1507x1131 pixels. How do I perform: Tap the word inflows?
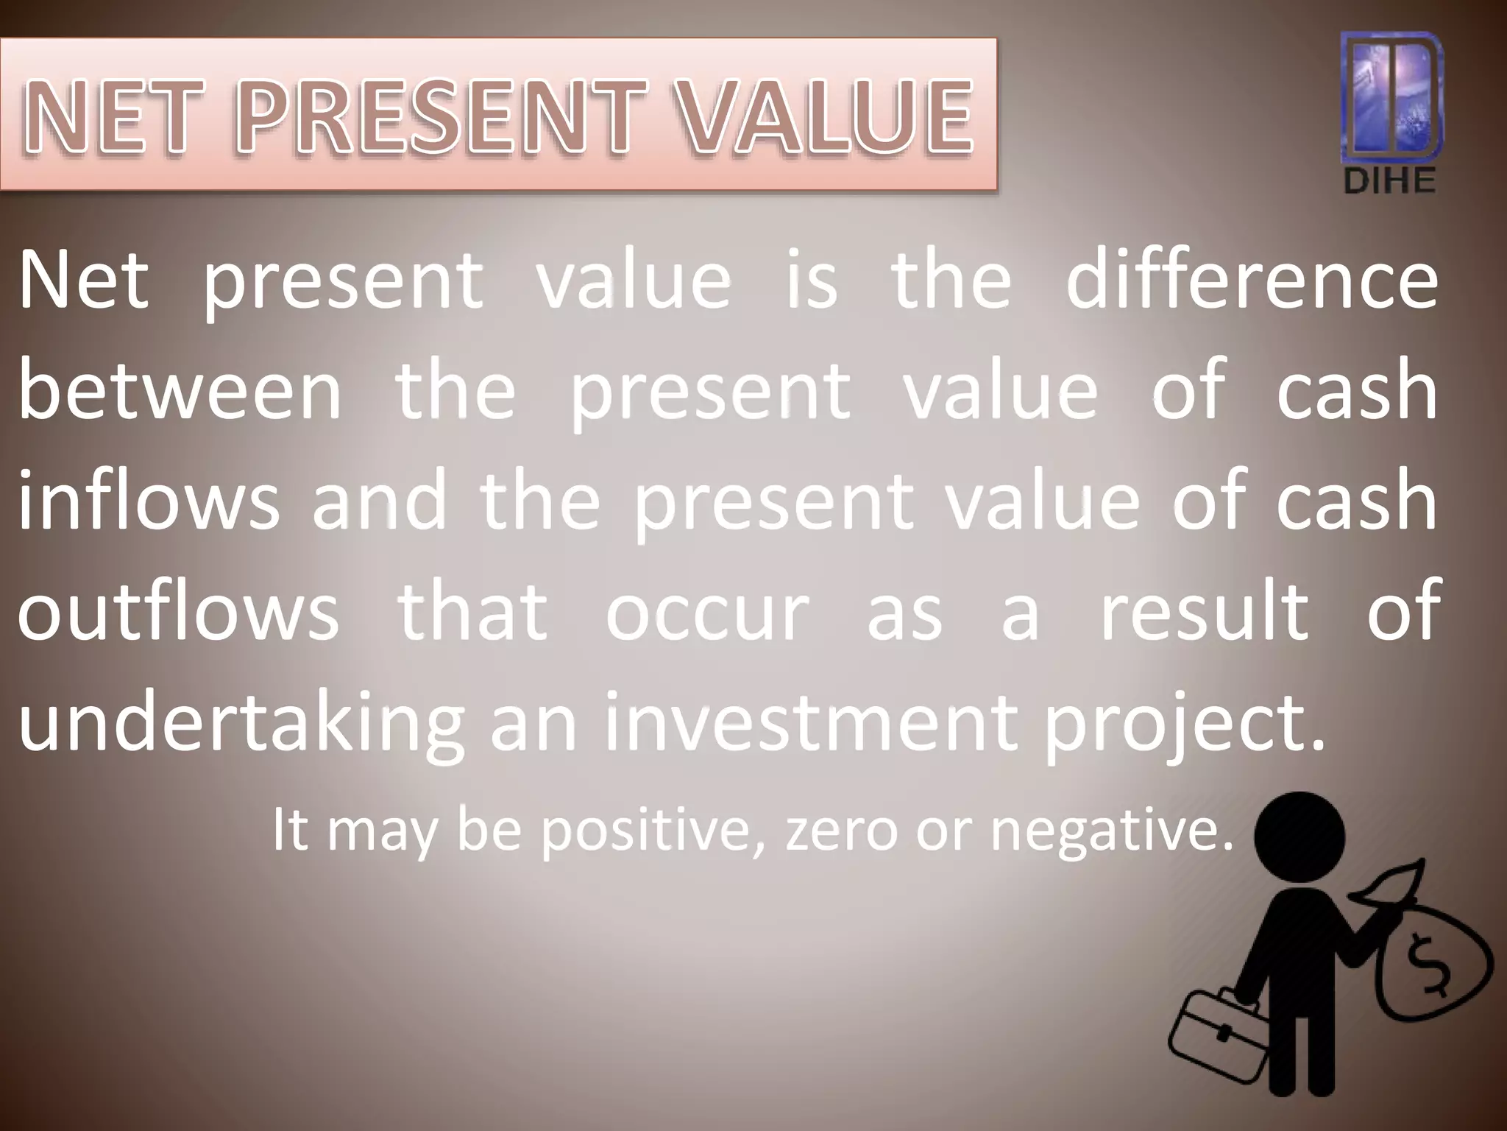(148, 501)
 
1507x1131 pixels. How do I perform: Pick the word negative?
(1111, 832)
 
